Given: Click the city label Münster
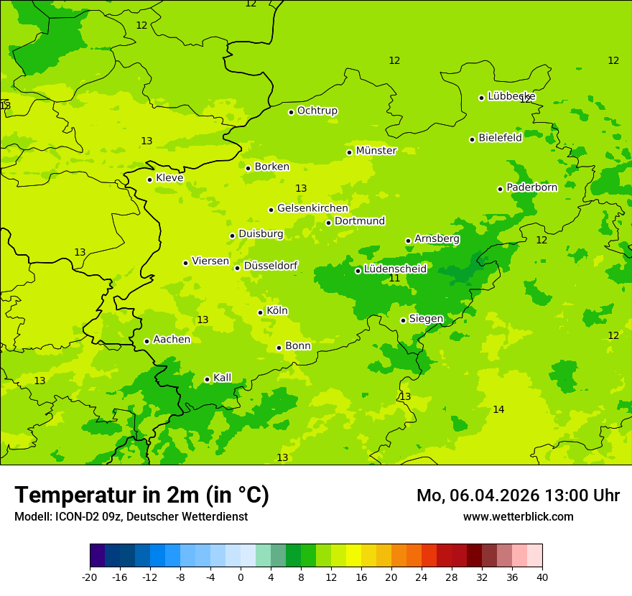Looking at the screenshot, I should pos(376,151).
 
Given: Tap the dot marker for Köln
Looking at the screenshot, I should pos(260,312).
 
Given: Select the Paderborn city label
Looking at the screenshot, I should pos(531,187).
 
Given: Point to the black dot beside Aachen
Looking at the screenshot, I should pos(147,341).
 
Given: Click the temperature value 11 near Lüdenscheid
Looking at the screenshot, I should pos(394,279).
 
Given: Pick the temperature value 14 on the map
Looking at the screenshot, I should pos(498,409).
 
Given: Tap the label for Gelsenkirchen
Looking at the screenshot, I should pos(312,208).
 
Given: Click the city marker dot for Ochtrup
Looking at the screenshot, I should pos(291,112).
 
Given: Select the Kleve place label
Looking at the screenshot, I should pos(169,178).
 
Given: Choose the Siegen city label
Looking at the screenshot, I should pos(426,319).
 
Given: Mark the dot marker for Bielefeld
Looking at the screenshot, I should pos(472,139).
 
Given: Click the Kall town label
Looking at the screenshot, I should pos(222,378).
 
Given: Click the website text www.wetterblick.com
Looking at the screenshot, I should pos(518,516).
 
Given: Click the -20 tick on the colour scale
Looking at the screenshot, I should pos(90,577).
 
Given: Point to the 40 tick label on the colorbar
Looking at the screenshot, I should pos(542,577).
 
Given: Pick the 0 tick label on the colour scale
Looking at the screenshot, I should pos(241,577).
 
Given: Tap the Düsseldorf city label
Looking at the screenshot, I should pos(270,266).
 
